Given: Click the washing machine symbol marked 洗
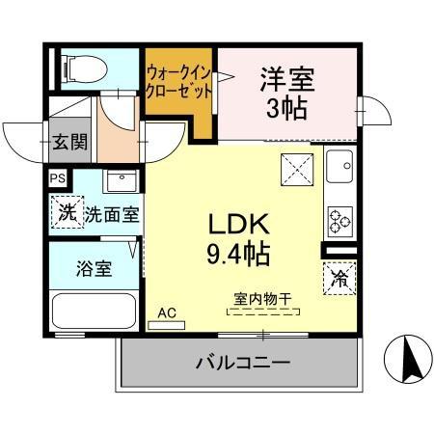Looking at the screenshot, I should click(x=67, y=213).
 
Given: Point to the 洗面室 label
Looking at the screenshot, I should click(x=112, y=214).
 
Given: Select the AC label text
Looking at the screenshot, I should click(x=166, y=312).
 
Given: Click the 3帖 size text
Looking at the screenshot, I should click(x=286, y=109).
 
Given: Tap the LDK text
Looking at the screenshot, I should click(x=238, y=224).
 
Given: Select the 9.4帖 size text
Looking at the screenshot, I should click(x=238, y=254).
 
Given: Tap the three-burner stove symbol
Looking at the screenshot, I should click(x=340, y=222).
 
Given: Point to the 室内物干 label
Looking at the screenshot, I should click(x=261, y=298).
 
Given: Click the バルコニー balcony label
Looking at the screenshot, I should click(x=243, y=364).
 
